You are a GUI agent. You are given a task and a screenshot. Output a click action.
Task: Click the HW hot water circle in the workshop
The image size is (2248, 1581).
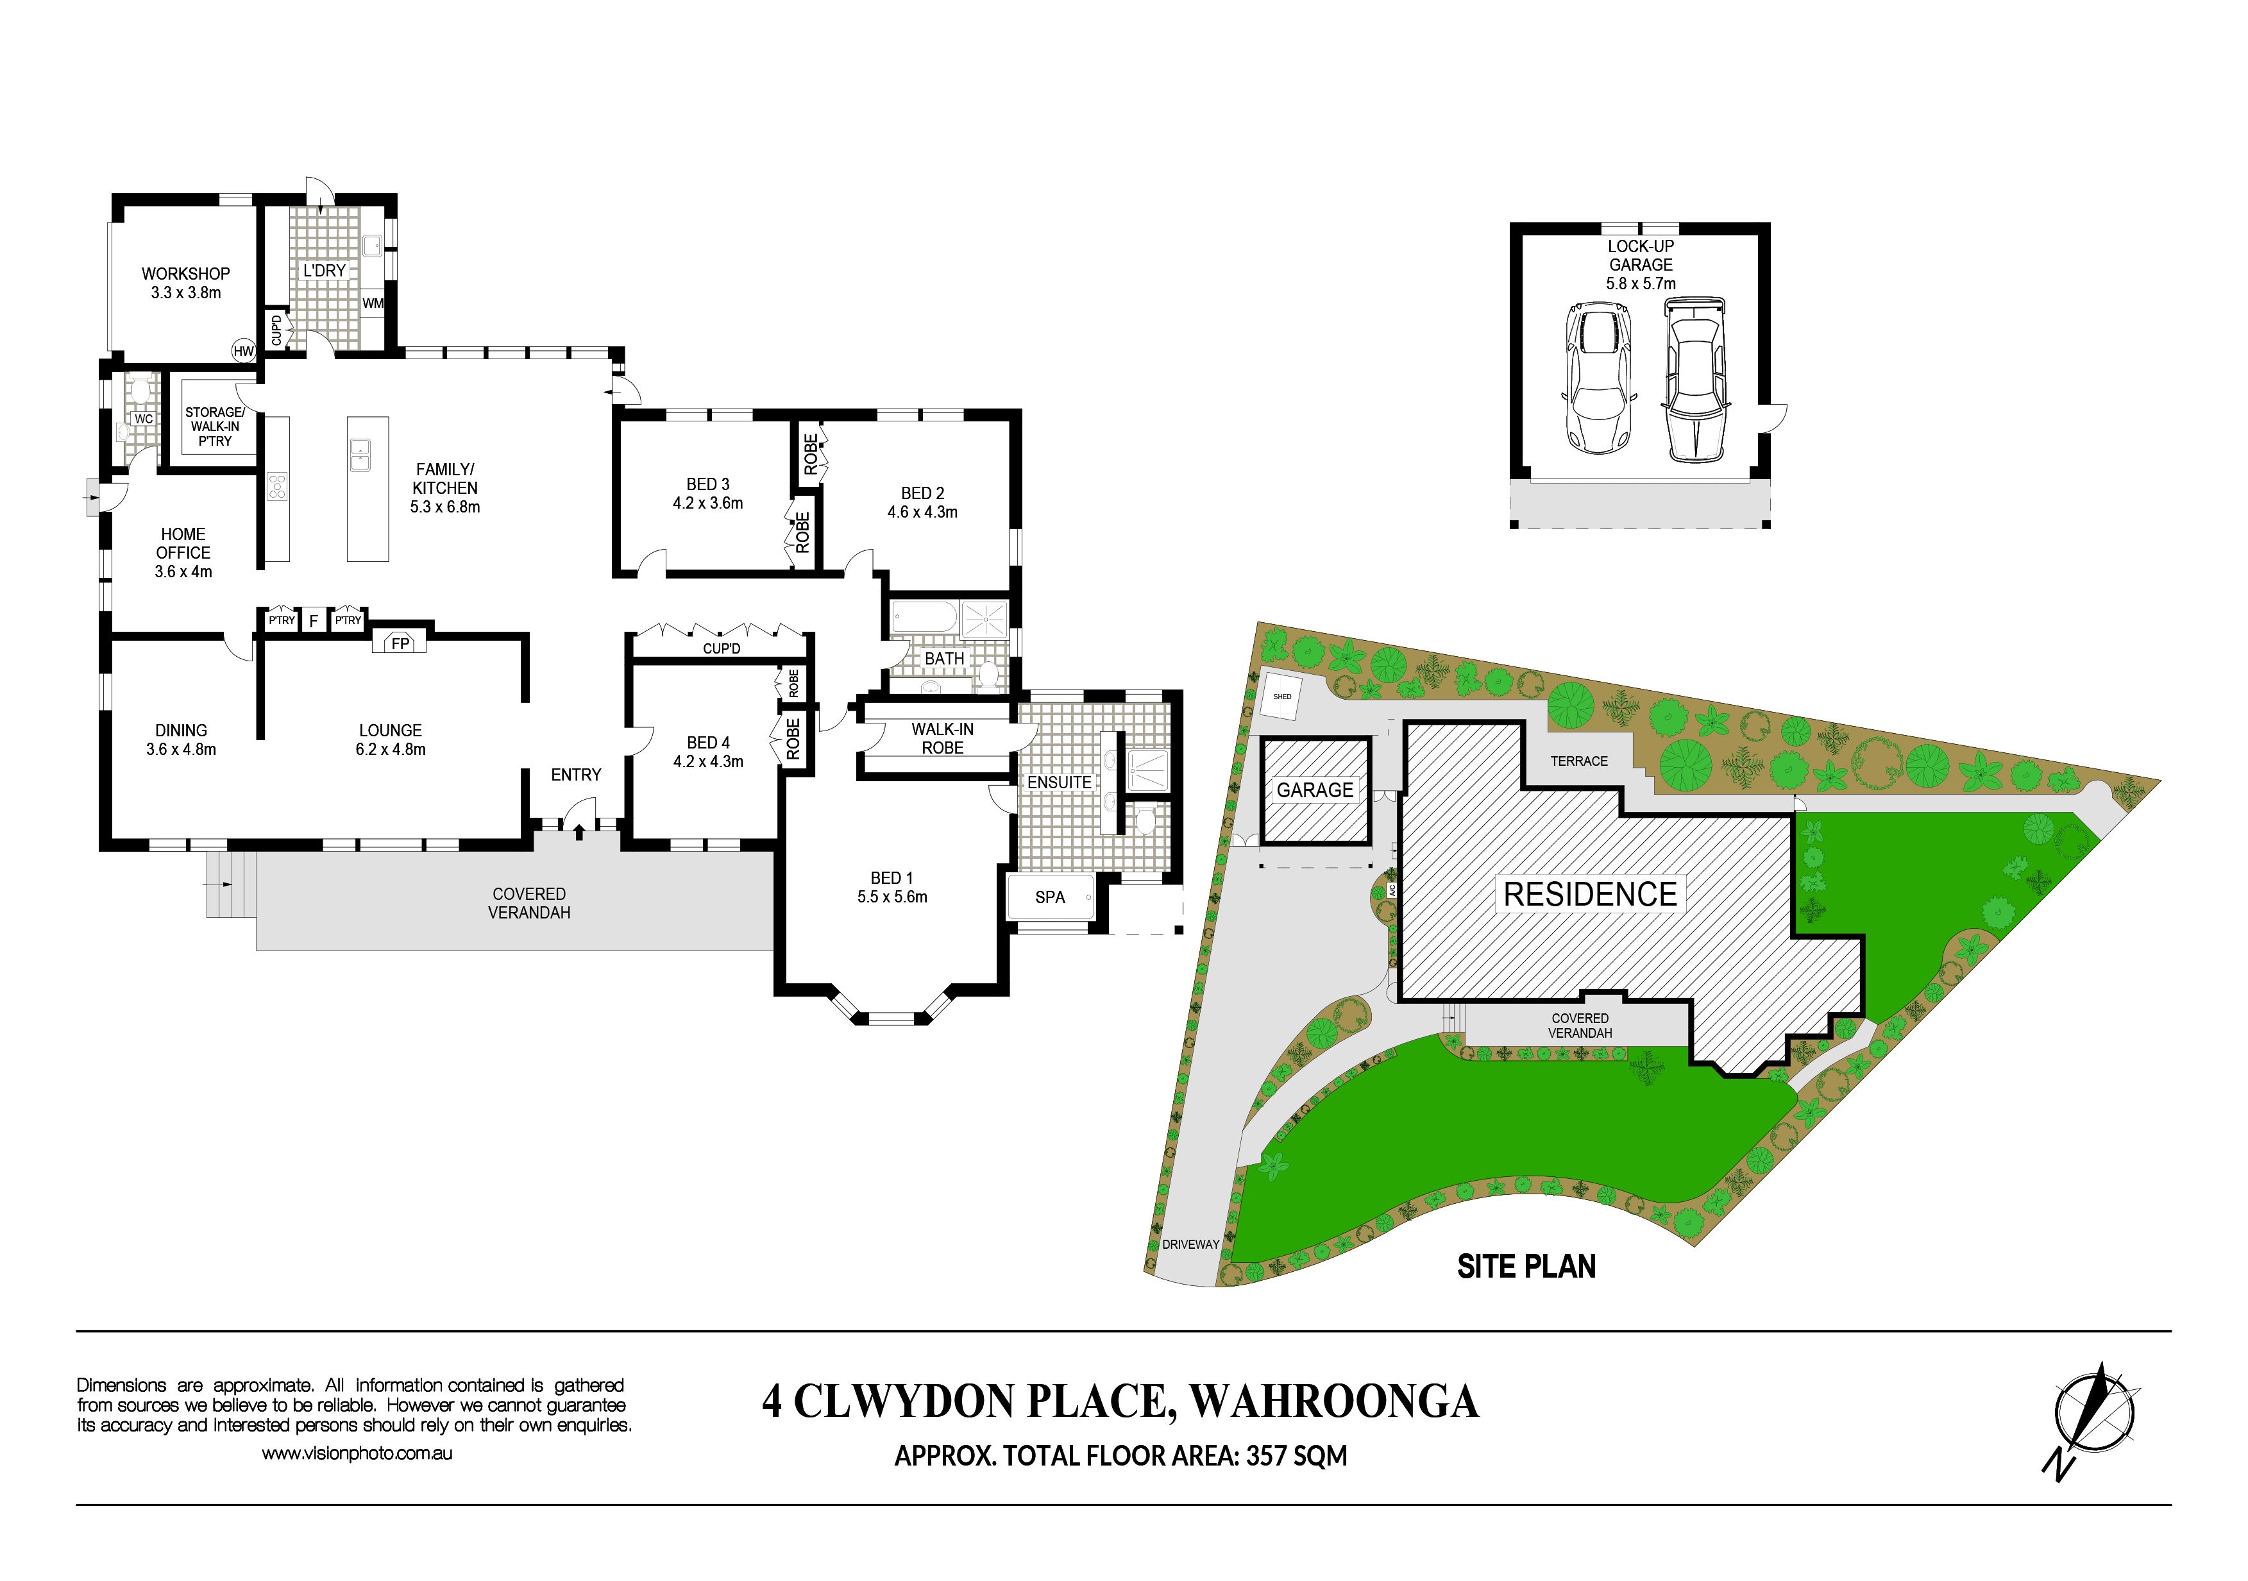point(243,350)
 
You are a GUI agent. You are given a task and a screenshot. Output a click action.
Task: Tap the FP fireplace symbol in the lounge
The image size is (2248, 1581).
point(400,642)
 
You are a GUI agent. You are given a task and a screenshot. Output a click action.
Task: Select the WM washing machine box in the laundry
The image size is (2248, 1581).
point(373,303)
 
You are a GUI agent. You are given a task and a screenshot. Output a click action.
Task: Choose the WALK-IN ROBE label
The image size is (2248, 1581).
point(942,738)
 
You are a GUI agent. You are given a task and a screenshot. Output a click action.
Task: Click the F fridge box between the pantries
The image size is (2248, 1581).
point(314,621)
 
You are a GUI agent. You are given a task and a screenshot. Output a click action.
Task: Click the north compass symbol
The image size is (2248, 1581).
point(2092,1417)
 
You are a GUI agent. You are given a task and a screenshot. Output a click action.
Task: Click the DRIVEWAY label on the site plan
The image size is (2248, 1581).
point(1190,1244)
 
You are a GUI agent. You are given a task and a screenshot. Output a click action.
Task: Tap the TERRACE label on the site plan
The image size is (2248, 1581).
point(1579,761)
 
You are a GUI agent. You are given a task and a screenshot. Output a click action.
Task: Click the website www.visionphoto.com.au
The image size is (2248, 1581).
point(357,1454)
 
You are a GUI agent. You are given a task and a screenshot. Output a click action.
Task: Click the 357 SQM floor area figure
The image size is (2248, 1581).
point(1296,1456)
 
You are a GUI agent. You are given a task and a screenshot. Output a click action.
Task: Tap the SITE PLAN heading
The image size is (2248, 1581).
point(1526,1266)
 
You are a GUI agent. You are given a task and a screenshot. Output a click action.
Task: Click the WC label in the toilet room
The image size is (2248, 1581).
point(144,419)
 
